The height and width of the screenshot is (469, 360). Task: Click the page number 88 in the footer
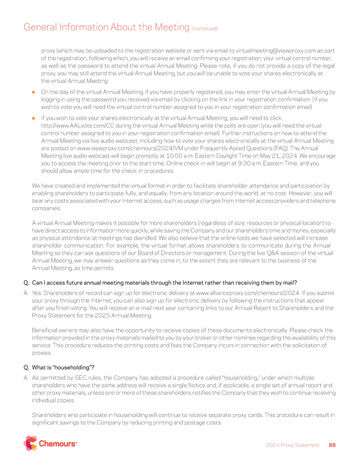tap(332, 445)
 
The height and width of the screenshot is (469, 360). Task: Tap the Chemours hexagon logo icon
tap(30, 443)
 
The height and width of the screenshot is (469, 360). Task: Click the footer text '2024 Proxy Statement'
tap(292, 445)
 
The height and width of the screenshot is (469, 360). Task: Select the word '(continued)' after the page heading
tap(205, 29)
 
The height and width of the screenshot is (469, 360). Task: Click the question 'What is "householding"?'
tap(63, 367)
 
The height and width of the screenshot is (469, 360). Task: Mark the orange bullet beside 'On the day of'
tap(34, 92)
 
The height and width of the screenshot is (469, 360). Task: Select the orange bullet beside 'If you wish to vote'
tap(34, 119)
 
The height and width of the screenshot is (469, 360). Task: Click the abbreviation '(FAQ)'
tap(279, 148)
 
